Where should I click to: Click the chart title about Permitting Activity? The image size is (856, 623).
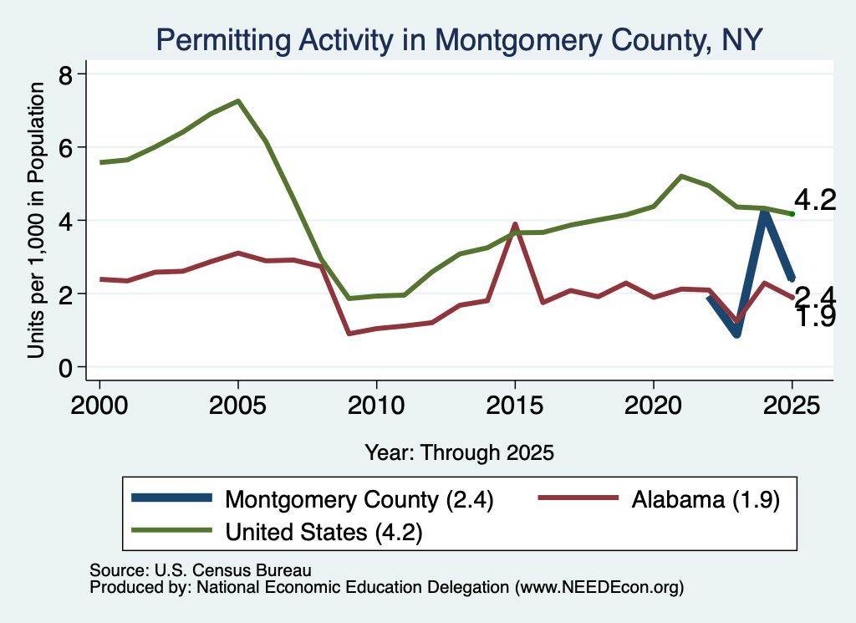pyautogui.click(x=459, y=40)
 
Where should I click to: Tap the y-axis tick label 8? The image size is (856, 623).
pyautogui.click(x=65, y=74)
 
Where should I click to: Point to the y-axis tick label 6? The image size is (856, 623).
pyautogui.click(x=65, y=147)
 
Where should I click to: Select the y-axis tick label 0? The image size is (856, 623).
pyautogui.click(x=65, y=368)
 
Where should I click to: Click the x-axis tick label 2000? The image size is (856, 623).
pyautogui.click(x=99, y=406)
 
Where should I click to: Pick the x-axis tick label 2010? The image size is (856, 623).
pyautogui.click(x=376, y=406)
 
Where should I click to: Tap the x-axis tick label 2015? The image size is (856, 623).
pyautogui.click(x=515, y=406)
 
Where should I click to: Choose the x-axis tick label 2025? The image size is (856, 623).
pyautogui.click(x=792, y=406)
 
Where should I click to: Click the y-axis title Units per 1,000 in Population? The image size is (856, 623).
pyautogui.click(x=35, y=220)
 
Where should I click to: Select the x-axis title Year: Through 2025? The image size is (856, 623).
pyautogui.click(x=459, y=452)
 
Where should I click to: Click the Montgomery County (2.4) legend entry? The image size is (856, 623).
pyautogui.click(x=313, y=499)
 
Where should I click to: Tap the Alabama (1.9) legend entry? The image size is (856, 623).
pyautogui.click(x=659, y=499)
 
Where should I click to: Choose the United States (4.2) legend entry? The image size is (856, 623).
pyautogui.click(x=277, y=532)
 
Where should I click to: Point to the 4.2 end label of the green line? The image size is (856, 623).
pyautogui.click(x=815, y=201)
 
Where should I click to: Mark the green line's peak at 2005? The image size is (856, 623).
pyautogui.click(x=238, y=100)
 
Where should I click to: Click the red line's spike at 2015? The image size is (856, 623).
pyautogui.click(x=514, y=224)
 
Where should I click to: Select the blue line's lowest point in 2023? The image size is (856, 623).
pyautogui.click(x=736, y=333)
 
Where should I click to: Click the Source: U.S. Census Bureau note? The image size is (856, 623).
pyautogui.click(x=201, y=570)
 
